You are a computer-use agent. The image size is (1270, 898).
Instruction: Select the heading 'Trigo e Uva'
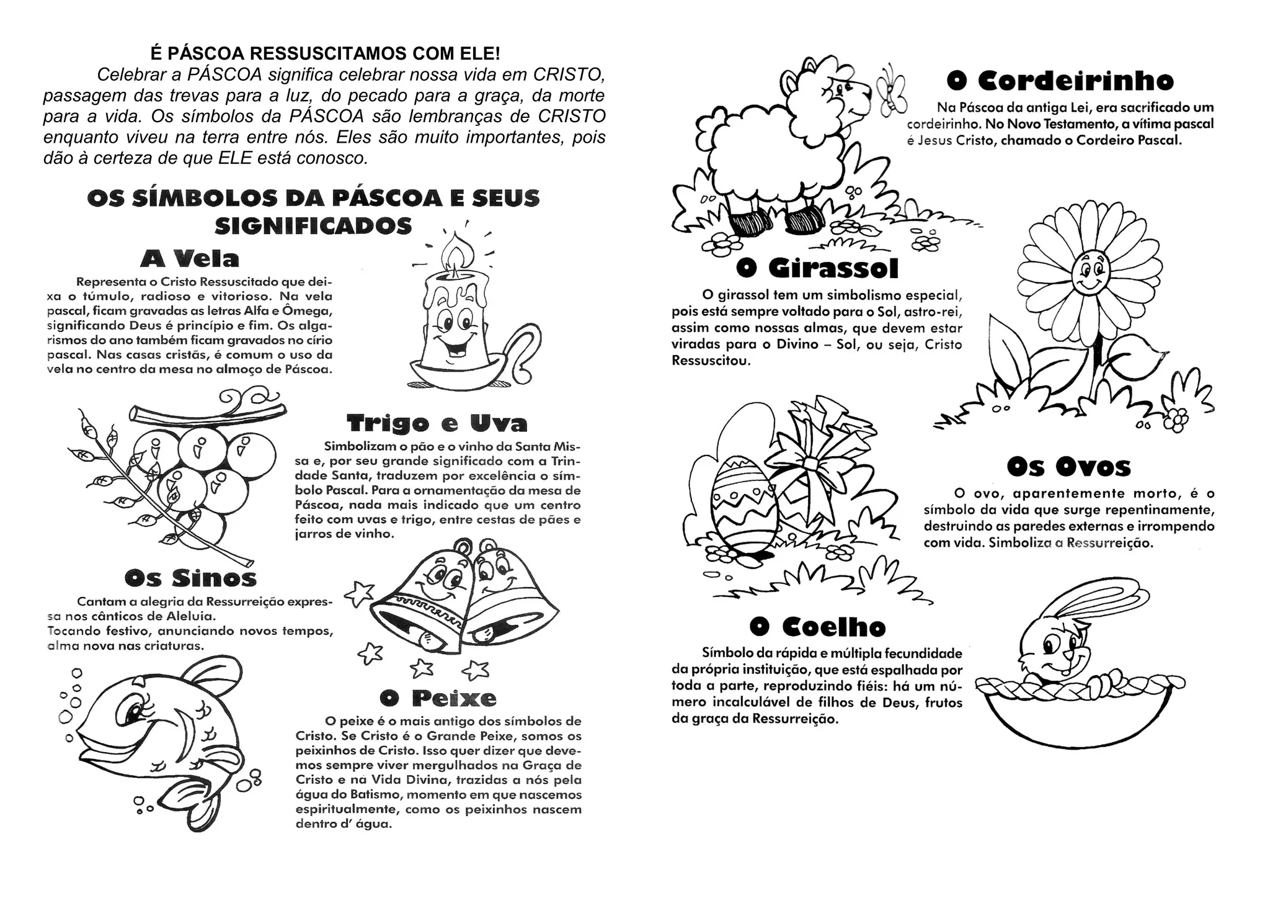click(x=437, y=423)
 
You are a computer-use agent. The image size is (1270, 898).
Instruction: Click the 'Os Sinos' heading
click(x=190, y=578)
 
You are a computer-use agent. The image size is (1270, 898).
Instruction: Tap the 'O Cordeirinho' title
click(x=1060, y=81)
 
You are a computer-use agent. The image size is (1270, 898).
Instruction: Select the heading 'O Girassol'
click(x=817, y=269)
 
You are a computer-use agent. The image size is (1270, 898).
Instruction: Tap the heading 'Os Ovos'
click(x=1068, y=467)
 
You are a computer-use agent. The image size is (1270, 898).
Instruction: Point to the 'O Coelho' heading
click(x=817, y=627)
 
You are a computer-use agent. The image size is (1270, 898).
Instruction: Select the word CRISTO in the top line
click(x=569, y=74)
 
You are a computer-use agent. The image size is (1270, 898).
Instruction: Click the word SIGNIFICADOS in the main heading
click(x=313, y=226)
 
